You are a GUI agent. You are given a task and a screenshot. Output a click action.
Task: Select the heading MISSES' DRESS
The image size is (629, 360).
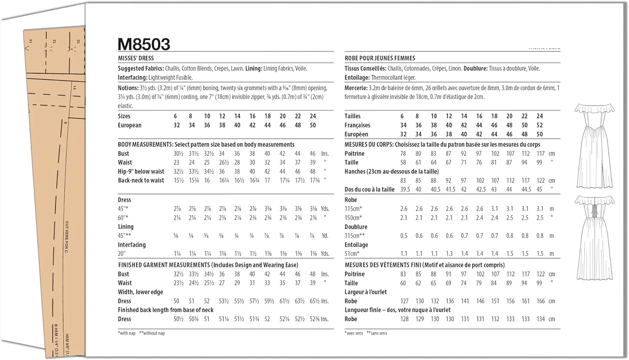click(x=136, y=58)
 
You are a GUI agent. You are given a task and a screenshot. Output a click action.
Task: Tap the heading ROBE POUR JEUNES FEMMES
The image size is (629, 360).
click(x=380, y=58)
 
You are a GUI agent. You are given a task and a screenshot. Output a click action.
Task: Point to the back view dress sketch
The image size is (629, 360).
click(x=594, y=237)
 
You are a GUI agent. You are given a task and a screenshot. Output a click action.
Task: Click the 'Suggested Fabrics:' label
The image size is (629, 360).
click(x=140, y=68)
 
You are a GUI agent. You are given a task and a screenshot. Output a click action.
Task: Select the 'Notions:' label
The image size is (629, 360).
click(x=128, y=88)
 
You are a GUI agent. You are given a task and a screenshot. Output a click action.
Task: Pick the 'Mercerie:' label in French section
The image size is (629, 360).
click(x=356, y=88)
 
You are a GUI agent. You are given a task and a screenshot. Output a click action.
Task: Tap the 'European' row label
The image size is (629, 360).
click(x=130, y=125)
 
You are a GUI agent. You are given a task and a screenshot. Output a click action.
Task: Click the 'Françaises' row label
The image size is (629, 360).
click(x=357, y=125)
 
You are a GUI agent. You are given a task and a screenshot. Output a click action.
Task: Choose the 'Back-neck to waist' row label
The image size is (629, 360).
click(x=141, y=180)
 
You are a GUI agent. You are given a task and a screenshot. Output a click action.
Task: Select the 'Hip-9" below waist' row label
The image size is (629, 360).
click(x=141, y=171)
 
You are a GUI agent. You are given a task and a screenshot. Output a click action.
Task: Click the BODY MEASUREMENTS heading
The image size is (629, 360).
click(x=145, y=144)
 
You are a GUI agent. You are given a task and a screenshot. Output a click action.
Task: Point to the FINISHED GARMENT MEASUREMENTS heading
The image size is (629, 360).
click(x=164, y=265)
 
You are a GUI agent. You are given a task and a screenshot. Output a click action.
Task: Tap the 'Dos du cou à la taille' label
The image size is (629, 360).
click(x=369, y=189)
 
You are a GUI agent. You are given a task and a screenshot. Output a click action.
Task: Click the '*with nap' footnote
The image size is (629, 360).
click(x=127, y=333)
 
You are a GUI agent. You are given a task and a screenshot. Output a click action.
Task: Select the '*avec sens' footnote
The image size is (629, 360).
click(x=354, y=333)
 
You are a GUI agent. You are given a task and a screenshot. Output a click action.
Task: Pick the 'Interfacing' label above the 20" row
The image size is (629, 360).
click(x=132, y=245)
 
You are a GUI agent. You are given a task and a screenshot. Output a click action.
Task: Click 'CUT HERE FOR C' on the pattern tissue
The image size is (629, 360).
click(x=67, y=237)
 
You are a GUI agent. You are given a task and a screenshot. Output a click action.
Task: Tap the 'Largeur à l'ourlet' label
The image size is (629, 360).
click(x=366, y=292)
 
